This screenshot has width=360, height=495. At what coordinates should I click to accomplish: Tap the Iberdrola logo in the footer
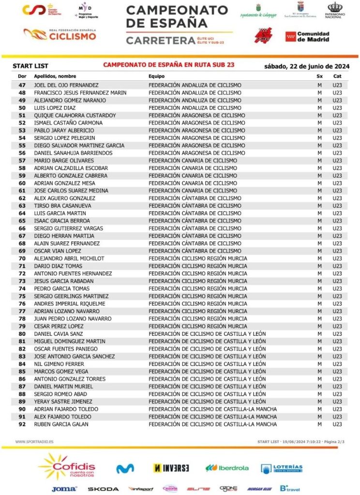(x=227, y=468)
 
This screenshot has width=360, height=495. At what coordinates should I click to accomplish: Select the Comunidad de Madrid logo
(x=307, y=37)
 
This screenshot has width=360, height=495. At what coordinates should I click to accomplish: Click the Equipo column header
(x=156, y=76)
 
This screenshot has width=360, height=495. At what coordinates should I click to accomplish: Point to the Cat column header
(x=337, y=76)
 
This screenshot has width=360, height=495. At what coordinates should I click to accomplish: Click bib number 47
(x=22, y=85)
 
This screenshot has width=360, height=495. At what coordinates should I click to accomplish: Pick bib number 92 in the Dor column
(x=22, y=424)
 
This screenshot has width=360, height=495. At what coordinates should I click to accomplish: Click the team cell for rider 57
(x=193, y=161)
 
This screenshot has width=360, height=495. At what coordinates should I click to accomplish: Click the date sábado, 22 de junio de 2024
(x=304, y=66)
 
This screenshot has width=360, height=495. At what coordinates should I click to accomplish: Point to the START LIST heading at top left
(x=30, y=66)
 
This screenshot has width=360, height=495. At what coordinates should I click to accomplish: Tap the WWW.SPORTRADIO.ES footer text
(x=34, y=442)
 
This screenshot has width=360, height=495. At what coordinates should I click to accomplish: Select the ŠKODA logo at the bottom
(x=103, y=489)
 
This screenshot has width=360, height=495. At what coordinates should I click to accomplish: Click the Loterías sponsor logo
(x=282, y=468)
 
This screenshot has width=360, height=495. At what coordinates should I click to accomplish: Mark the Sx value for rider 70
(x=319, y=258)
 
